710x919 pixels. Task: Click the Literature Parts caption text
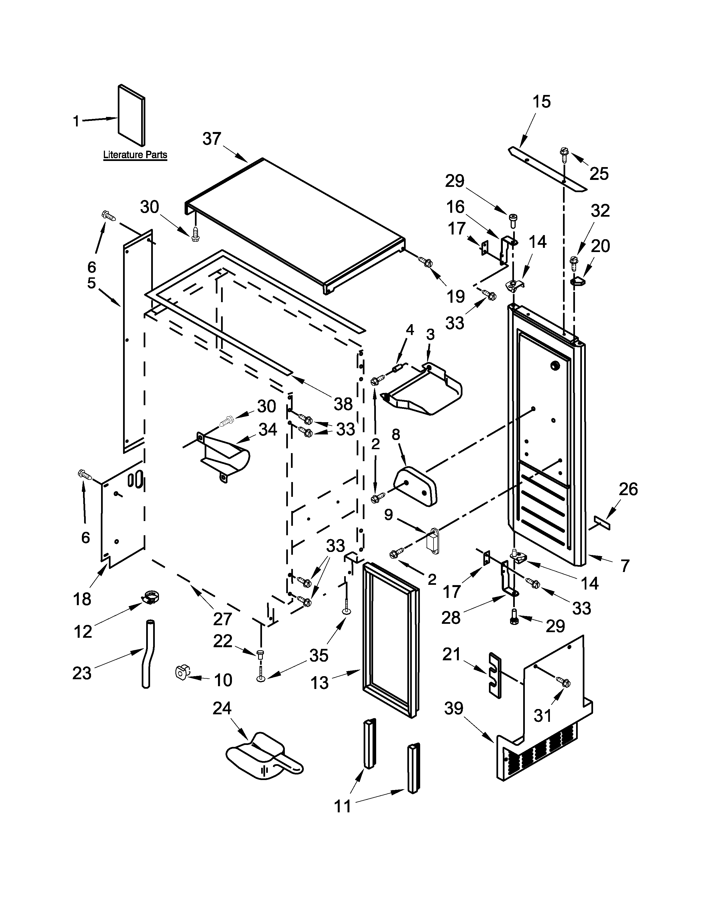135,155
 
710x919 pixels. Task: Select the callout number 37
212,139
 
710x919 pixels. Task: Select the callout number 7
625,566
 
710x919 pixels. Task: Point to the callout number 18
82,599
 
